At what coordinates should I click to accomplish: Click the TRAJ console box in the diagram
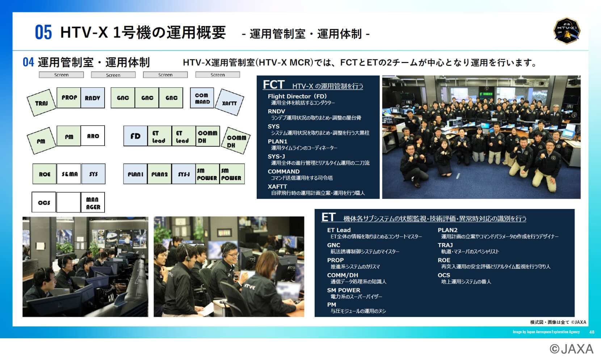[x=41, y=103]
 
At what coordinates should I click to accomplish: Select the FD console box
[x=135, y=136]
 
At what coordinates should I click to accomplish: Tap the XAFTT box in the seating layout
[x=230, y=102]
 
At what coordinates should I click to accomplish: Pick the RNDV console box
[x=93, y=98]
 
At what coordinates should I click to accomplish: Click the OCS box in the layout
[x=44, y=202]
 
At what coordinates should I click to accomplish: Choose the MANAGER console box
[x=93, y=203]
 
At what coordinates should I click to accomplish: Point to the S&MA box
[x=69, y=174]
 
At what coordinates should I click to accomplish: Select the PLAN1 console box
[x=135, y=174]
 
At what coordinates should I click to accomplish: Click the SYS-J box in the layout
[x=184, y=174]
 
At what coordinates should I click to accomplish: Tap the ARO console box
[x=93, y=136]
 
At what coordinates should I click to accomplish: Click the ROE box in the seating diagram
[x=45, y=174]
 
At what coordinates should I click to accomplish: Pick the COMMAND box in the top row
[x=202, y=98]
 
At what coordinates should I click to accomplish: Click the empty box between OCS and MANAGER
[x=68, y=202]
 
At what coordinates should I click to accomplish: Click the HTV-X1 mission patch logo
[x=567, y=31]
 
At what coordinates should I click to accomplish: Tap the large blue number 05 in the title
[x=43, y=32]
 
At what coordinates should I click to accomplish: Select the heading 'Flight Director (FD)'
[x=297, y=96]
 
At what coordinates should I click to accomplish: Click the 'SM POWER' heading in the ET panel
[x=344, y=290]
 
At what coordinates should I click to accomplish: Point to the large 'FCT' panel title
[x=273, y=85]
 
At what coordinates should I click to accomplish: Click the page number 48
[x=592, y=332]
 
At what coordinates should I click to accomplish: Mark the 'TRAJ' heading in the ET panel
[x=445, y=245]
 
